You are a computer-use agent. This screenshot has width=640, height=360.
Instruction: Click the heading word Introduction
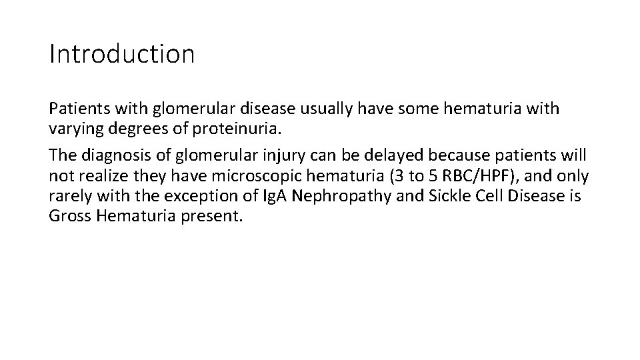coord(122,54)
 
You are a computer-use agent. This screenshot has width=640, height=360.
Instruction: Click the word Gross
coord(67,217)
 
